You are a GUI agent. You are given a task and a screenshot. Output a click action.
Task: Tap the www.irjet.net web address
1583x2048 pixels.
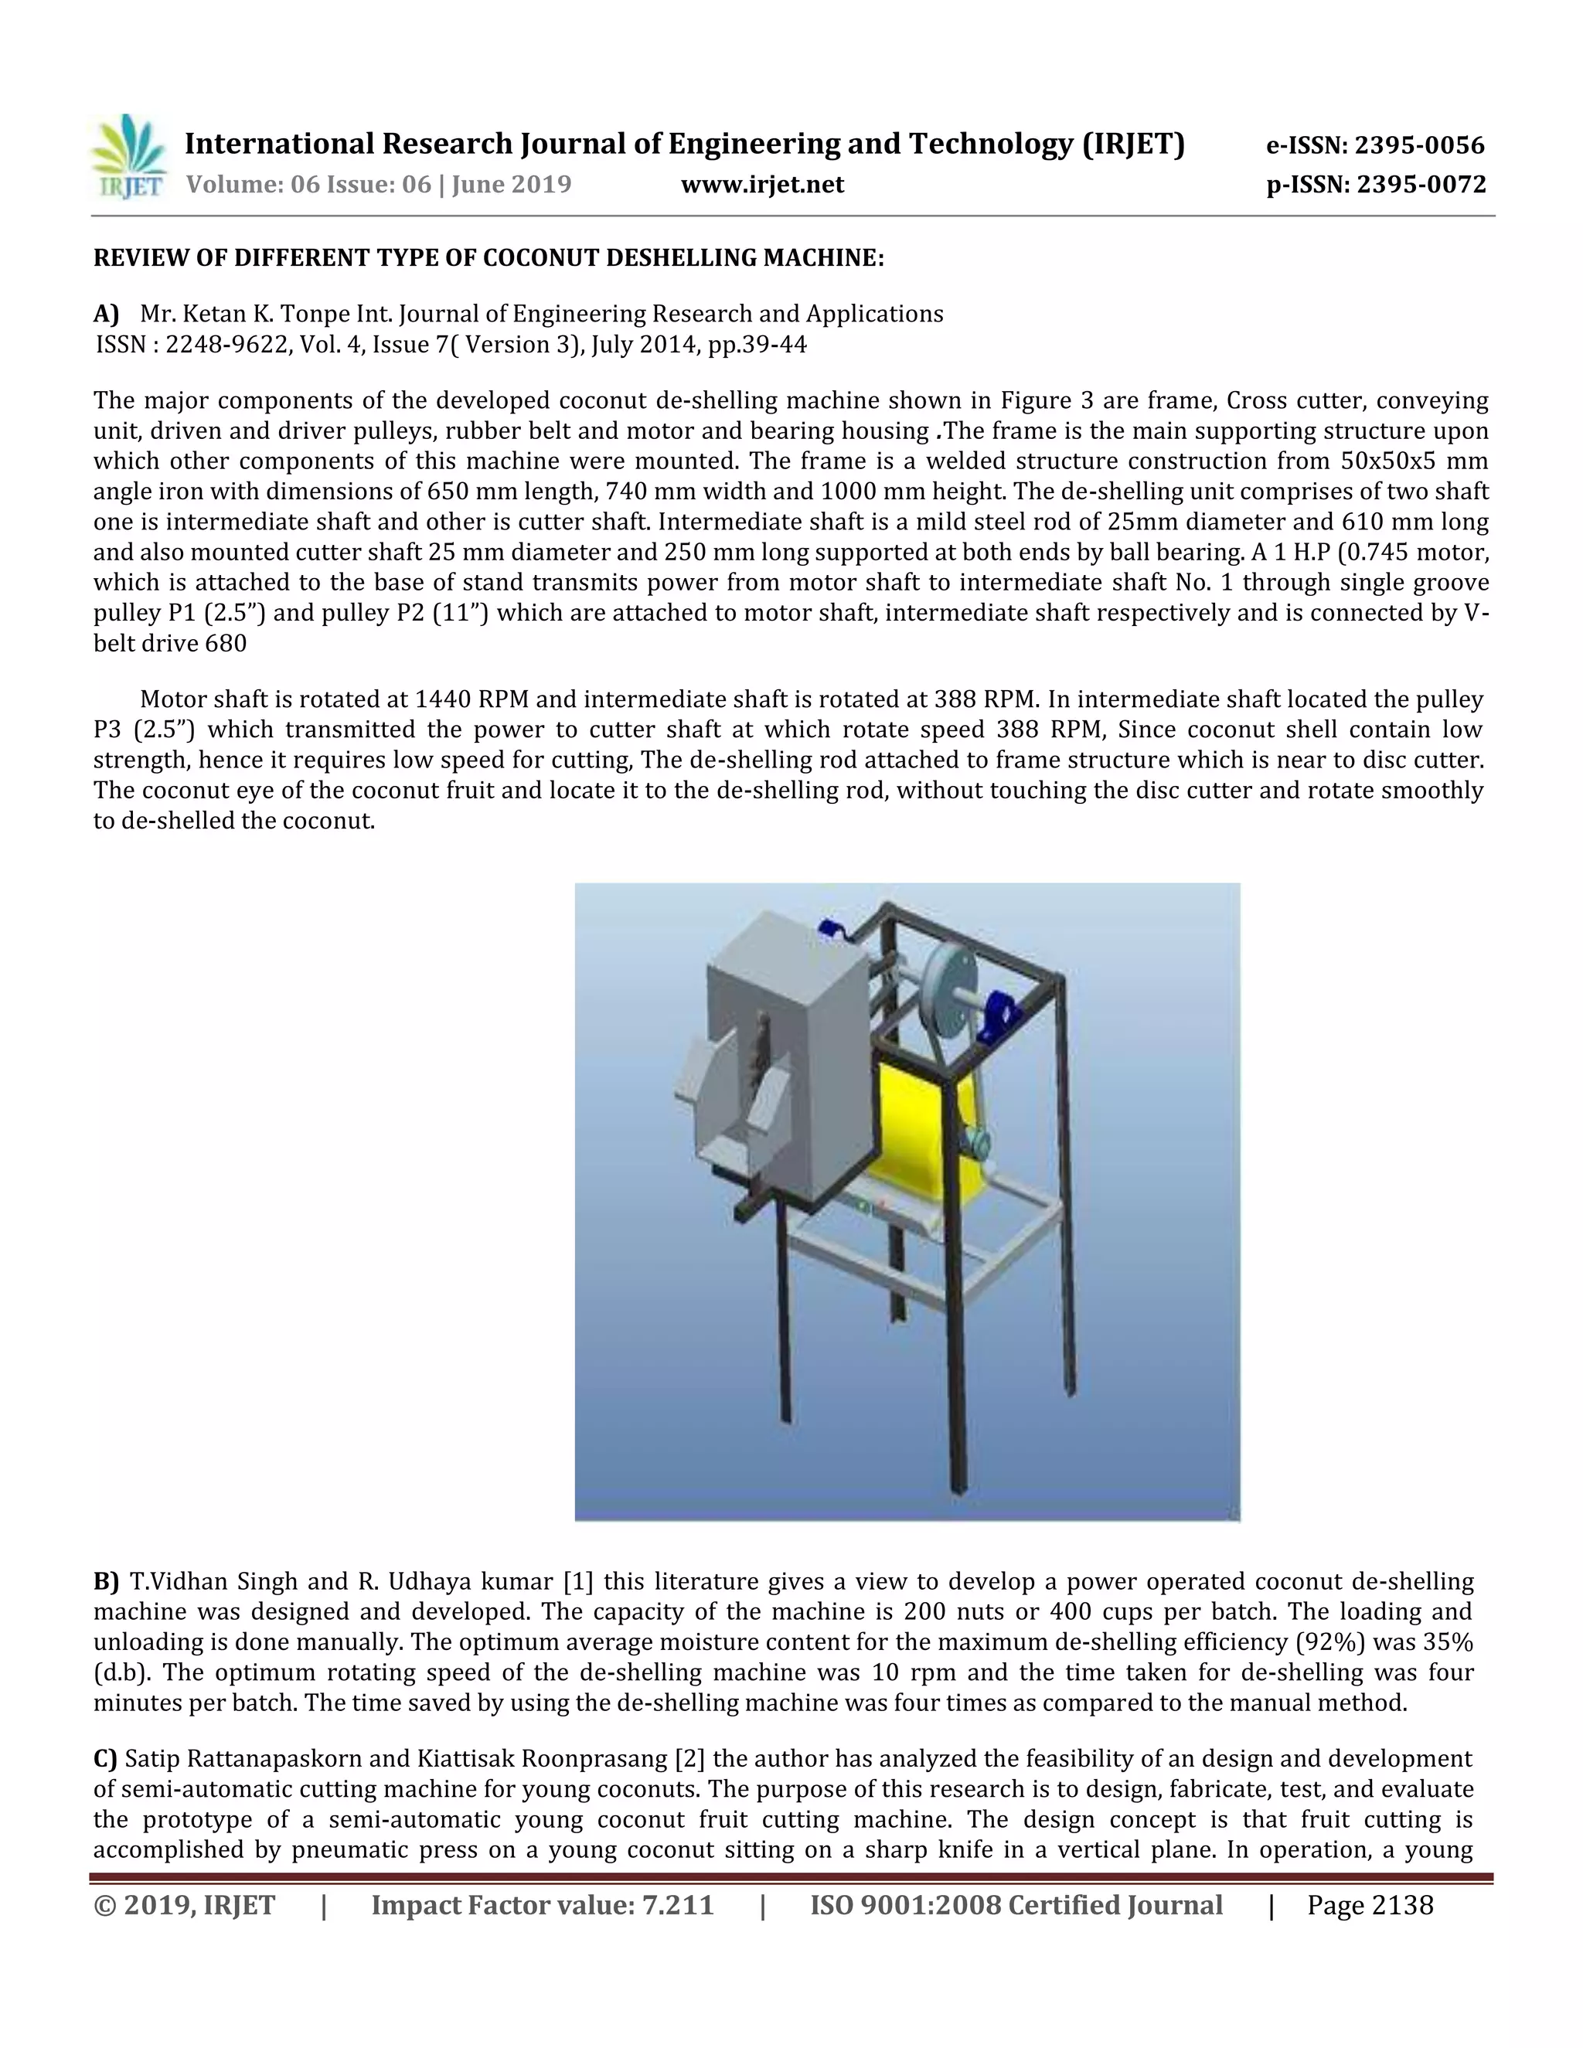pyautogui.click(x=761, y=185)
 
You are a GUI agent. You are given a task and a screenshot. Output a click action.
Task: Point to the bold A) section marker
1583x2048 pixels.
pyautogui.click(x=106, y=313)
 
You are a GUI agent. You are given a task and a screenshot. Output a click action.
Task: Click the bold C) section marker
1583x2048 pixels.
pyautogui.click(x=105, y=1758)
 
